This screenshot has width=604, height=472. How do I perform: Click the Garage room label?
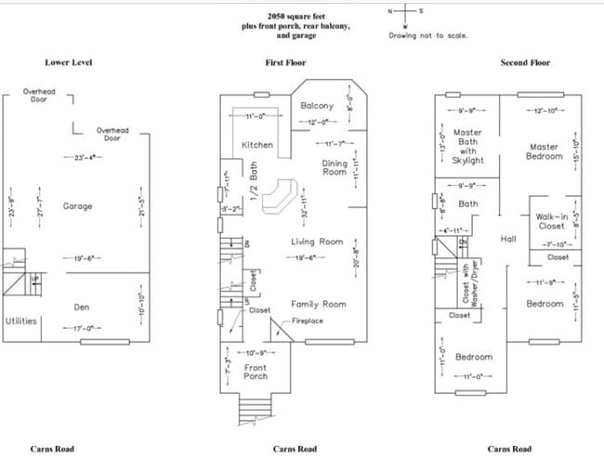pyautogui.click(x=77, y=206)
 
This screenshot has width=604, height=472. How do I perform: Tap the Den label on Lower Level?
pyautogui.click(x=82, y=307)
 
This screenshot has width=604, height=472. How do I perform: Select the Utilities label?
pyautogui.click(x=21, y=321)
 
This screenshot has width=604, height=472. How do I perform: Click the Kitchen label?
pyautogui.click(x=257, y=145)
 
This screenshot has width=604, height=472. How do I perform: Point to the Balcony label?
pyautogui.click(x=317, y=106)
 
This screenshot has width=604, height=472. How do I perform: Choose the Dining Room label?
pyautogui.click(x=335, y=167)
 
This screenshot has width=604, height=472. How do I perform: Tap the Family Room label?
pyautogui.click(x=318, y=304)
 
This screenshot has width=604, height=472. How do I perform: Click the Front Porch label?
pyautogui.click(x=256, y=372)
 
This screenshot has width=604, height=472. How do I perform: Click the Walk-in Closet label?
pyautogui.click(x=551, y=221)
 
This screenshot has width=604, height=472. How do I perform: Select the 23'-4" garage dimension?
pyautogui.click(x=79, y=158)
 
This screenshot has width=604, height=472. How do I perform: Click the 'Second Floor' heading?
pyautogui.click(x=525, y=63)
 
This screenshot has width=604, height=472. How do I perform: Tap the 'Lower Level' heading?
pyautogui.click(x=69, y=63)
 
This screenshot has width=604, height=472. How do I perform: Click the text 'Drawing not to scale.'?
pyautogui.click(x=428, y=35)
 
